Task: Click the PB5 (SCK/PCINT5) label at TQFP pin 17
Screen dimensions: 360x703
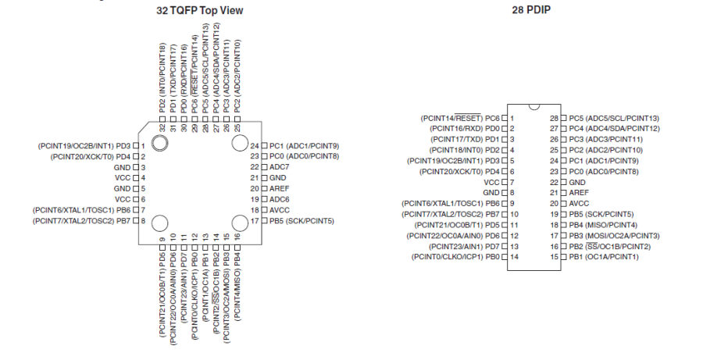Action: [x=302, y=221]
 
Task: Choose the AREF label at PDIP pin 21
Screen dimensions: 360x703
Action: [x=579, y=192]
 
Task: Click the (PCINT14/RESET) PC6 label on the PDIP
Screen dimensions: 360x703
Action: [x=460, y=117]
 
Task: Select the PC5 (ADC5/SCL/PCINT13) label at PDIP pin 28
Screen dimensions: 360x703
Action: [x=614, y=117]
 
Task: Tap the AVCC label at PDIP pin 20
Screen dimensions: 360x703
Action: [x=579, y=203]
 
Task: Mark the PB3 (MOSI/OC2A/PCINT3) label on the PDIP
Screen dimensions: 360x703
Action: [x=615, y=235]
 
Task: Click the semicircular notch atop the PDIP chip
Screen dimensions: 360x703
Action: [x=534, y=105]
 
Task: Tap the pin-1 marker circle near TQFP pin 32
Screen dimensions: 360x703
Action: [x=159, y=143]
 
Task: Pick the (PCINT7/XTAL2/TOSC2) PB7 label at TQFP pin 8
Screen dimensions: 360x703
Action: [x=82, y=221]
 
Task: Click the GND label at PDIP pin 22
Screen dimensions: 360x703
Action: [x=578, y=181]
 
